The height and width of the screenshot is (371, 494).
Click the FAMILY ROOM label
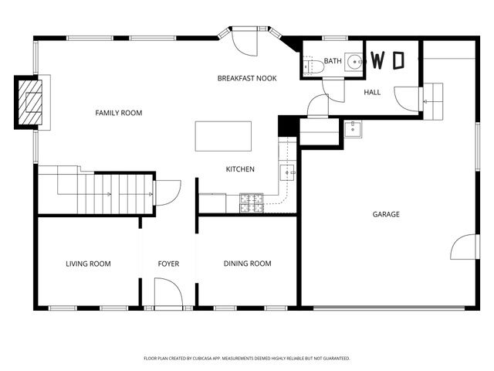pos(119,113)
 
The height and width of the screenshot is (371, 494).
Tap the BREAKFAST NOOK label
pos(247,78)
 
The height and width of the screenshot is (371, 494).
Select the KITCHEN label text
pos(240,169)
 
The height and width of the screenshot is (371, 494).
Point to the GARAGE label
pos(386,214)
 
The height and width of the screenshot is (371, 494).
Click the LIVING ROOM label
pos(88,264)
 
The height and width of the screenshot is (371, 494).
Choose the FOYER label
pos(168,264)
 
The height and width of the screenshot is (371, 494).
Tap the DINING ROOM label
pos(248,264)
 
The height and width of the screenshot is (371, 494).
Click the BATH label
pos(332,61)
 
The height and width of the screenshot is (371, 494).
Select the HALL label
pos(373,92)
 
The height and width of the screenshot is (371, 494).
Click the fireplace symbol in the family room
pos(30,101)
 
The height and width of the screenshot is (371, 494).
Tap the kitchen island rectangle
pos(224,136)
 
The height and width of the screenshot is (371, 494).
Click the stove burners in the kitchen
pos(252,203)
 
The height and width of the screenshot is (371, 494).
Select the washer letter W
pos(379,60)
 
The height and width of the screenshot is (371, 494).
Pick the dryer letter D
pos(398,60)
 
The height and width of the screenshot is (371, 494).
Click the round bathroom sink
pos(354,62)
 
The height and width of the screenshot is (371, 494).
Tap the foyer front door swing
pos(168,294)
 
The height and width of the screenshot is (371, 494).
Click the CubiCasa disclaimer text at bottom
pos(247,359)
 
